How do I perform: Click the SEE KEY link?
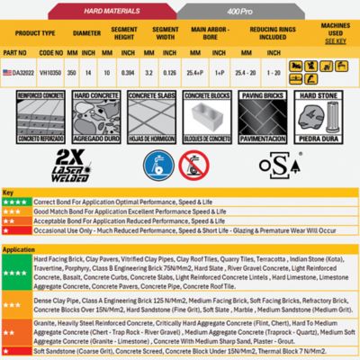[334, 41]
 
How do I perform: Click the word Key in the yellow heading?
[9, 193]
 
